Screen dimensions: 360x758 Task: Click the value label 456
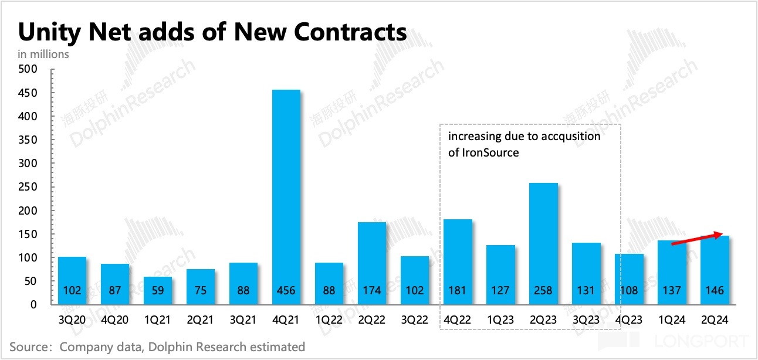287,290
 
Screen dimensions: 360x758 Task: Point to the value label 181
458,290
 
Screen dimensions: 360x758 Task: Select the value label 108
630,290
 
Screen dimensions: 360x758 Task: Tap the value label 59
158,290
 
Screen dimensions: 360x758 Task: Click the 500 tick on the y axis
29,69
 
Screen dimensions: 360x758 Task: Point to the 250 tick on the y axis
29,187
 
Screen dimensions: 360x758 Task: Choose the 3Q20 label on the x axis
72,320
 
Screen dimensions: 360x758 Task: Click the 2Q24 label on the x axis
715,320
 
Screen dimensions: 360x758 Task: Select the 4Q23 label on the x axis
630,320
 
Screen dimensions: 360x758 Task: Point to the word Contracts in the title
350,32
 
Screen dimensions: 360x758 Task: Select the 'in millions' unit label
43,54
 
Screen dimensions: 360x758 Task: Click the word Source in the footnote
28,347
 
